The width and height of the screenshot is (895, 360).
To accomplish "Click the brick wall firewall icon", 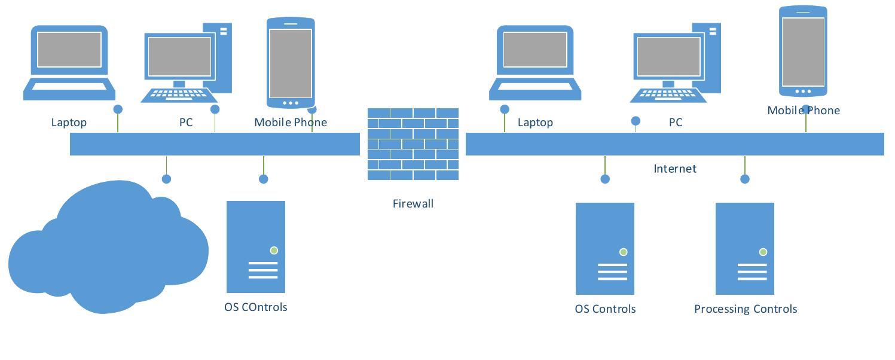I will (x=413, y=144).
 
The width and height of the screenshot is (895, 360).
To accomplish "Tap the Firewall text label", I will (x=413, y=203).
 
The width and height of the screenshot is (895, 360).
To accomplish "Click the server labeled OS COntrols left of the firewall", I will (x=256, y=246).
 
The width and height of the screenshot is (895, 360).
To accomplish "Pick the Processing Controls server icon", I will (x=745, y=249).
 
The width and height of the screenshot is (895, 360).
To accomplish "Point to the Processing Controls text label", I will (x=746, y=309).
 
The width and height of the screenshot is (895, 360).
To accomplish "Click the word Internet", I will (x=675, y=169).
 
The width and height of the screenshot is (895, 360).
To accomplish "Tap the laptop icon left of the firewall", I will (x=69, y=63).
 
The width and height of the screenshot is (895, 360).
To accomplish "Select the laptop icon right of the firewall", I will (x=535, y=63).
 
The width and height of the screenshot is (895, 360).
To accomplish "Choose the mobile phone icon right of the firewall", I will (x=803, y=51).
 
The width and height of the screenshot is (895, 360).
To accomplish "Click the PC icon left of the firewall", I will (x=187, y=63).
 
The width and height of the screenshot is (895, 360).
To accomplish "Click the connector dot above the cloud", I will (x=167, y=179).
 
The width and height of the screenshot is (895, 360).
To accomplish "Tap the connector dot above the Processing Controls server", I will (x=745, y=179).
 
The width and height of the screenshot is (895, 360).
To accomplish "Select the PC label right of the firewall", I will (x=676, y=123).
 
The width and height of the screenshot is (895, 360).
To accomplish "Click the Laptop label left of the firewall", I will (x=69, y=123).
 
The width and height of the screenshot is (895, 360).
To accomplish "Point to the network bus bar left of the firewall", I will (x=215, y=144).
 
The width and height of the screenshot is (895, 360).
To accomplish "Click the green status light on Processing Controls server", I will (x=763, y=252).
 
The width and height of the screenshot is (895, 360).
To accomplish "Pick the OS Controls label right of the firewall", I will (x=605, y=309).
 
